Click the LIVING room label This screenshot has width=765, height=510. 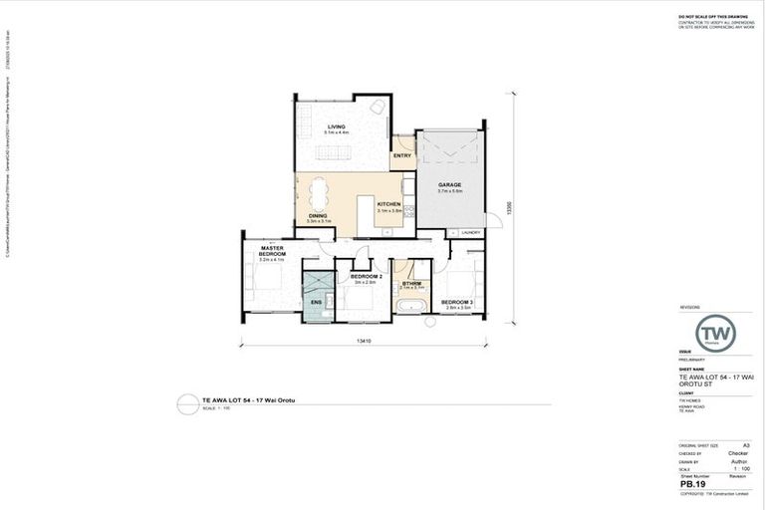335,127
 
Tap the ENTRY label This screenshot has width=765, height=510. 402,156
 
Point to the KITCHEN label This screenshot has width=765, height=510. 388,205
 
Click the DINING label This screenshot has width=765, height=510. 318,216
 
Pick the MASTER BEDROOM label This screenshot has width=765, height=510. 273,251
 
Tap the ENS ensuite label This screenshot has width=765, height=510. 317,302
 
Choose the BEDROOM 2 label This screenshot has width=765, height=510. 367,277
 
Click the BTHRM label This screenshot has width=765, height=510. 412,283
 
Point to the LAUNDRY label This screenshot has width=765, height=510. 471,233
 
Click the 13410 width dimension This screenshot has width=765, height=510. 365,341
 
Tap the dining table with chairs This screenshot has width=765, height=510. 319,190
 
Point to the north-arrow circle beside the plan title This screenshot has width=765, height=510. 186,404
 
